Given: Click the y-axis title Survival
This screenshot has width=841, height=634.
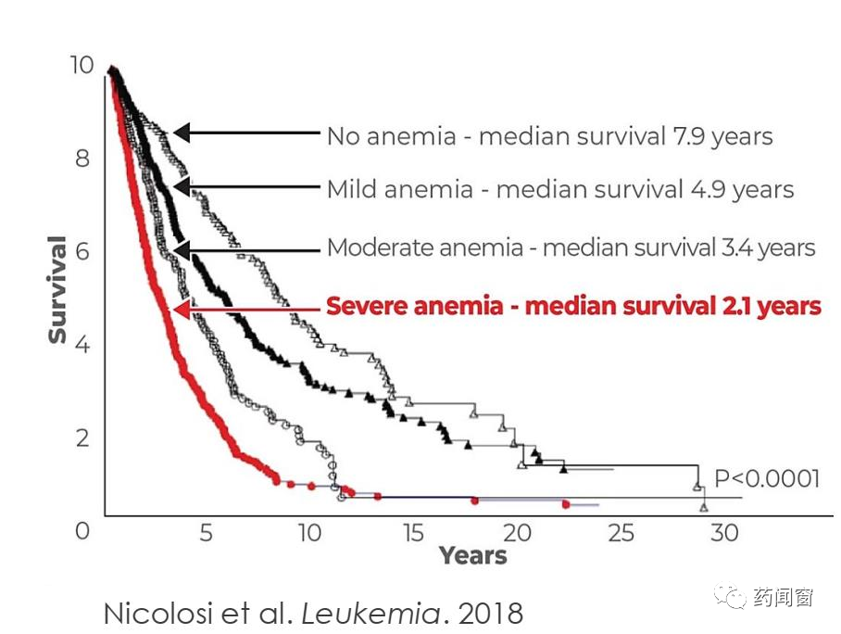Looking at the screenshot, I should pos(58,290).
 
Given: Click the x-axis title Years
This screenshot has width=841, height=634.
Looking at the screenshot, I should pos(473,556).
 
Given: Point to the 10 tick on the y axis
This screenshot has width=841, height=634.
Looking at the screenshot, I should pos(82,65).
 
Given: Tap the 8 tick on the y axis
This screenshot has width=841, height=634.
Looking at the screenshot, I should pos(83,158).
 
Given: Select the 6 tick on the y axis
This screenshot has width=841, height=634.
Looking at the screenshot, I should pos(83,251).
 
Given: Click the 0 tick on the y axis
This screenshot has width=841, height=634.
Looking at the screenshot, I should pos(83,530).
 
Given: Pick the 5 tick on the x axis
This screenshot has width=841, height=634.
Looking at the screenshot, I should pos(206,533).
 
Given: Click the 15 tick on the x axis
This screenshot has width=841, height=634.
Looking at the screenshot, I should pos(413,533).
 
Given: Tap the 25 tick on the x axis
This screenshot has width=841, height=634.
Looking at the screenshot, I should pos(621,533).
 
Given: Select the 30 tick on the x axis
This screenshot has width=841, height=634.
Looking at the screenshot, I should pos(724,533).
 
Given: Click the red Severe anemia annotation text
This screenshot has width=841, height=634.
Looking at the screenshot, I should pos(573,306).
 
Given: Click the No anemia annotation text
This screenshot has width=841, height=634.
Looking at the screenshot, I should pos(549,136).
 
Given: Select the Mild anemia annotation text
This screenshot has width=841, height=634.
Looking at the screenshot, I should pos(560,190).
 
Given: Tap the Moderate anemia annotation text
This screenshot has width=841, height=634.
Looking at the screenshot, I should pos(571,248).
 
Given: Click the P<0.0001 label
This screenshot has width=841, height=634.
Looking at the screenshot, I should pos(767,478).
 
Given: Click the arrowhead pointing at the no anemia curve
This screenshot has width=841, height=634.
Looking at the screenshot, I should pos(182,133).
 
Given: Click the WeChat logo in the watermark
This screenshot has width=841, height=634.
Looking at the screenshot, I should pos(735,597).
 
